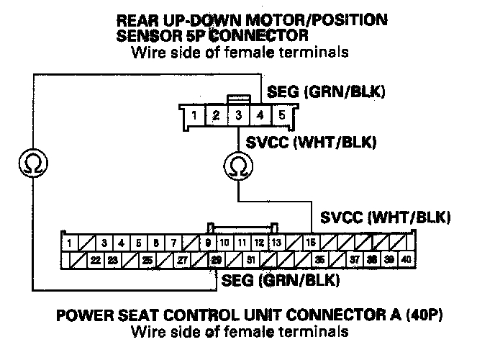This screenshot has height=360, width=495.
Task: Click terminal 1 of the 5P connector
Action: coord(194,114)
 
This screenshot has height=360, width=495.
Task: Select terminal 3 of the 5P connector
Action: coord(239,114)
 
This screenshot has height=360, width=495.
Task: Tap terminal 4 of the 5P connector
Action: coord(260,114)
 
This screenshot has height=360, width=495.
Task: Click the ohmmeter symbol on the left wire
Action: coord(32,162)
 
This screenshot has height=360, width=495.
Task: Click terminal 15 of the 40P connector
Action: coord(311,243)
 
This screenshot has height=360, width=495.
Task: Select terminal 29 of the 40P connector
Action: coord(216,260)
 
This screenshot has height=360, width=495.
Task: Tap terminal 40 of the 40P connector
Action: coord(408,260)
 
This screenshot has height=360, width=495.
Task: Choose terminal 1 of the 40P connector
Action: coord(68,243)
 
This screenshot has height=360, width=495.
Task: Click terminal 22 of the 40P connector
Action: coord(95,260)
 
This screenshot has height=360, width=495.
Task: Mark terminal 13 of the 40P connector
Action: coord(276,243)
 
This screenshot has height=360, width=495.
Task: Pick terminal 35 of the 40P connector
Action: coord(319,260)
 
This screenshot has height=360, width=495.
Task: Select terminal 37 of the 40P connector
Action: coord(355,260)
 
